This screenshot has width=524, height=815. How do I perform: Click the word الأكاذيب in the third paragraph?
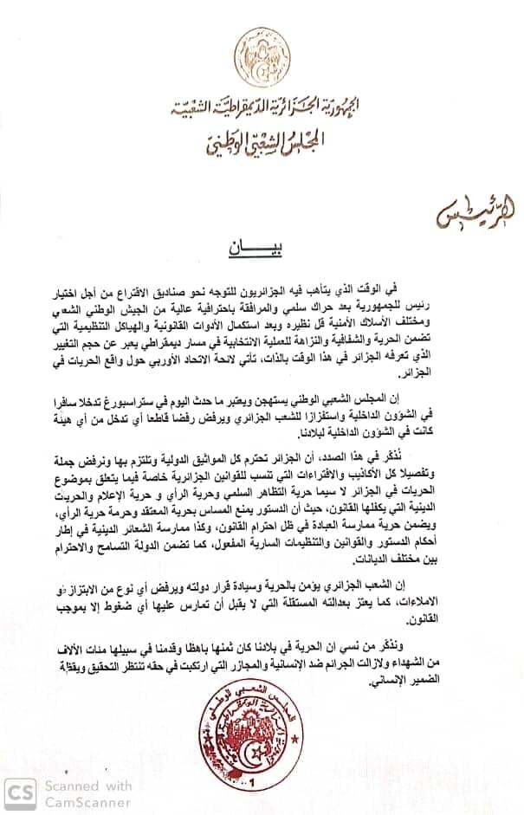coord(382,471)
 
